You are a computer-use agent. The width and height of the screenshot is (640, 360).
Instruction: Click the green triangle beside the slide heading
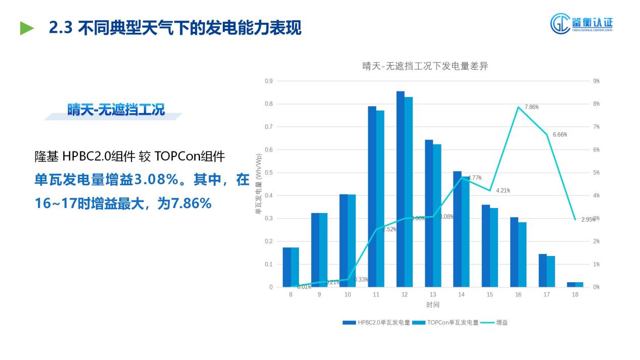tap(27, 28)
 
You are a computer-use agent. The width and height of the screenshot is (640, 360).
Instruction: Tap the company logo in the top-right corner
tap(581, 23)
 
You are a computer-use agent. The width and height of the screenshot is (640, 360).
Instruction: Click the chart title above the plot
tap(425, 66)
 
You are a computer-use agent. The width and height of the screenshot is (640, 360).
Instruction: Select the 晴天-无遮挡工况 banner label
tap(116, 110)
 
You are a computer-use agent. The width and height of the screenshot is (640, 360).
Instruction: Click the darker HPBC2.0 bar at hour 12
tap(401, 189)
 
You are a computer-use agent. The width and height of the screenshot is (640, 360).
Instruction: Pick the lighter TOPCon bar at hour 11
tap(380, 198)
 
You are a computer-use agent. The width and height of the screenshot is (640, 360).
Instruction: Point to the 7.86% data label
tap(531, 107)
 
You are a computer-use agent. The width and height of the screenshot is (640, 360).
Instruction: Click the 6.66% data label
tap(560, 135)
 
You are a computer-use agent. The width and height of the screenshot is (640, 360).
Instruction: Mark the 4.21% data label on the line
tap(503, 191)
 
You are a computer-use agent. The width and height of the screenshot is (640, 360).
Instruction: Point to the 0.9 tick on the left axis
tap(269, 81)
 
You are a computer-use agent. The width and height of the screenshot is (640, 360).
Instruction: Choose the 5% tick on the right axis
tap(596, 173)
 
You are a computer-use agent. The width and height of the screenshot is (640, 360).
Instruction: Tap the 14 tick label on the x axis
tap(461, 294)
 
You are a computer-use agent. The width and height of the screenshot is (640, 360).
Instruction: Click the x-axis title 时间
tap(432, 305)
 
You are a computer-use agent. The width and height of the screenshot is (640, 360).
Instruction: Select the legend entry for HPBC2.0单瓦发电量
tap(376, 322)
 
